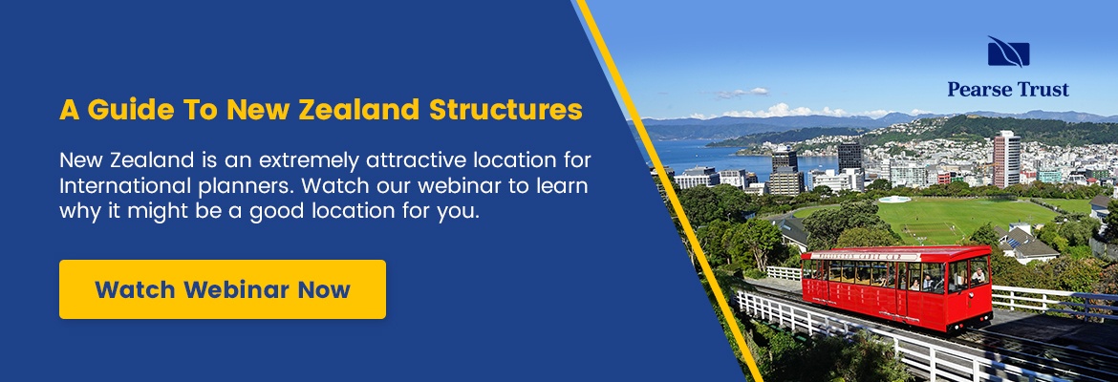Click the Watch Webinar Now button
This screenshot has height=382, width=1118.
point(223,289)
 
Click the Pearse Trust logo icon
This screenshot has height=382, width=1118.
point(1008,52)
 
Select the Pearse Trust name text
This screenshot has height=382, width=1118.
point(1008,89)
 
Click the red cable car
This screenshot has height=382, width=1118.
point(896,286)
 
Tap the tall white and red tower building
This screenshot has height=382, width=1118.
point(1007,159)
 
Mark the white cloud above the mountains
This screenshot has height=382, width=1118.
point(742,93)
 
